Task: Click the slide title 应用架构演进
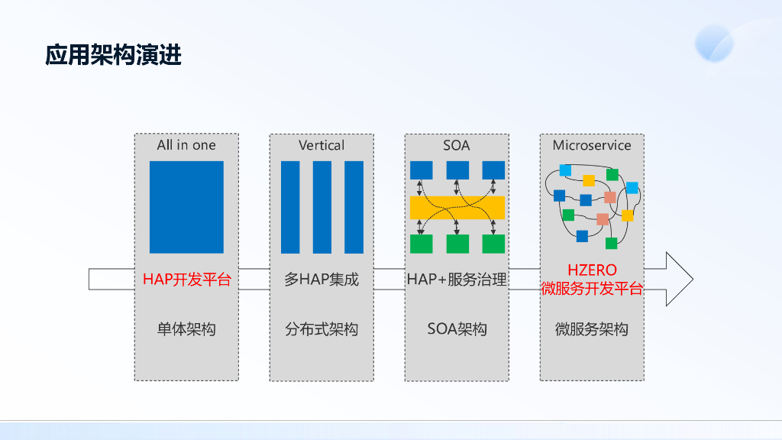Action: point(113,56)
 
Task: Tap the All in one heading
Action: point(186,145)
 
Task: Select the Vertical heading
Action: point(322,145)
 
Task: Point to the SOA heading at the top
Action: point(457,145)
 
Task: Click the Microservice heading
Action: point(592,145)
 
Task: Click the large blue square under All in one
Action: point(186,206)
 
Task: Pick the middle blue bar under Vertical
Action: point(322,206)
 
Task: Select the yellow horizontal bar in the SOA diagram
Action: point(457,207)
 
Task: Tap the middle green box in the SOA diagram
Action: point(457,244)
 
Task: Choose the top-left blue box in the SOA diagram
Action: point(422,170)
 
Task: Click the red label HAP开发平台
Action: point(186,280)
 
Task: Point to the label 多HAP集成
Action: point(322,280)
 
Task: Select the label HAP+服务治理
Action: point(457,280)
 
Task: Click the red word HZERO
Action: point(592,270)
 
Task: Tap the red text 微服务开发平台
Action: point(592,288)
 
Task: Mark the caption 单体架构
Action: point(186,329)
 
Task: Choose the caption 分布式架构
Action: point(322,329)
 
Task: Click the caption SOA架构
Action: point(457,329)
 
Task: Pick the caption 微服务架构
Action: point(592,329)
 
